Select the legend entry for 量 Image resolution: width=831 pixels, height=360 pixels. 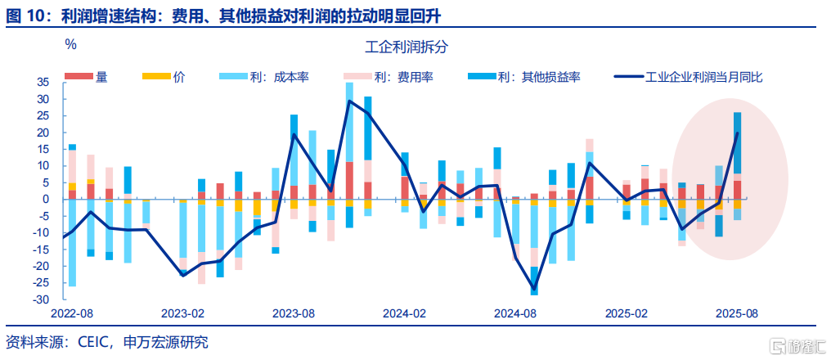86,77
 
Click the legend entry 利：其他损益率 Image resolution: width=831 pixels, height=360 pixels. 523,77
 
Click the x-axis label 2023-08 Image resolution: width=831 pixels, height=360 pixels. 294,313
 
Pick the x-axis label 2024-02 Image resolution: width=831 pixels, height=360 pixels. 404,313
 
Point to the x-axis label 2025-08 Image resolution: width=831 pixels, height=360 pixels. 737,313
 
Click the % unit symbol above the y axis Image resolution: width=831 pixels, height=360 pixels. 70,44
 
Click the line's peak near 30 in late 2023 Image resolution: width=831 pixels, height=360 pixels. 349,101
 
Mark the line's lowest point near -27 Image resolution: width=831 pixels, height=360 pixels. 534,290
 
